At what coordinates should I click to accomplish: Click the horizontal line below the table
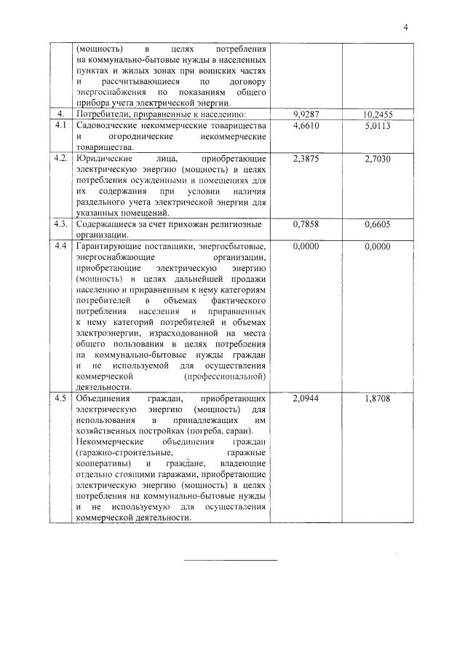[231, 560]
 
